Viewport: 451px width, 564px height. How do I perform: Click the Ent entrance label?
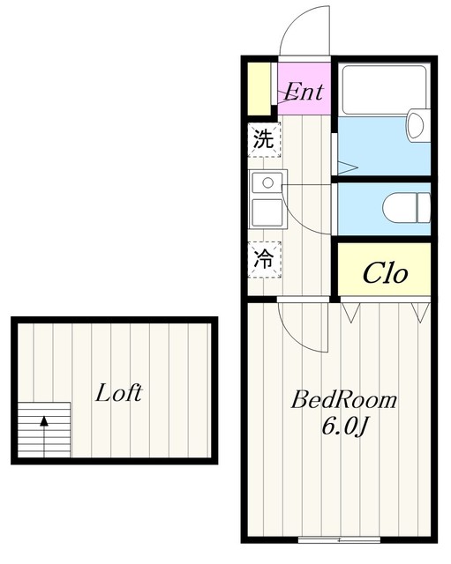pos(304,92)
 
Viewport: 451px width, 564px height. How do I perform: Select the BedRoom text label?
pos(343,400)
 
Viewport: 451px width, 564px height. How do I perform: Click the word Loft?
pos(119,392)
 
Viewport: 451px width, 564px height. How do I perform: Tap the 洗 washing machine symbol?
pos(264,139)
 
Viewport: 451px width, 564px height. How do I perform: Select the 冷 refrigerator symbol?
pos(264,259)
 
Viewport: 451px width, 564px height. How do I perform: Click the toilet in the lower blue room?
pos(407,208)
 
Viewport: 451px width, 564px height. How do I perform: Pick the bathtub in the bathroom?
pos(384,89)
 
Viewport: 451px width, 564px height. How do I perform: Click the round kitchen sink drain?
pos(267,182)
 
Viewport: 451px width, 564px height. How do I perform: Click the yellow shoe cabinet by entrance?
pos(259,88)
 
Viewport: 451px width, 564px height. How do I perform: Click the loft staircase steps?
pos(44,430)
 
